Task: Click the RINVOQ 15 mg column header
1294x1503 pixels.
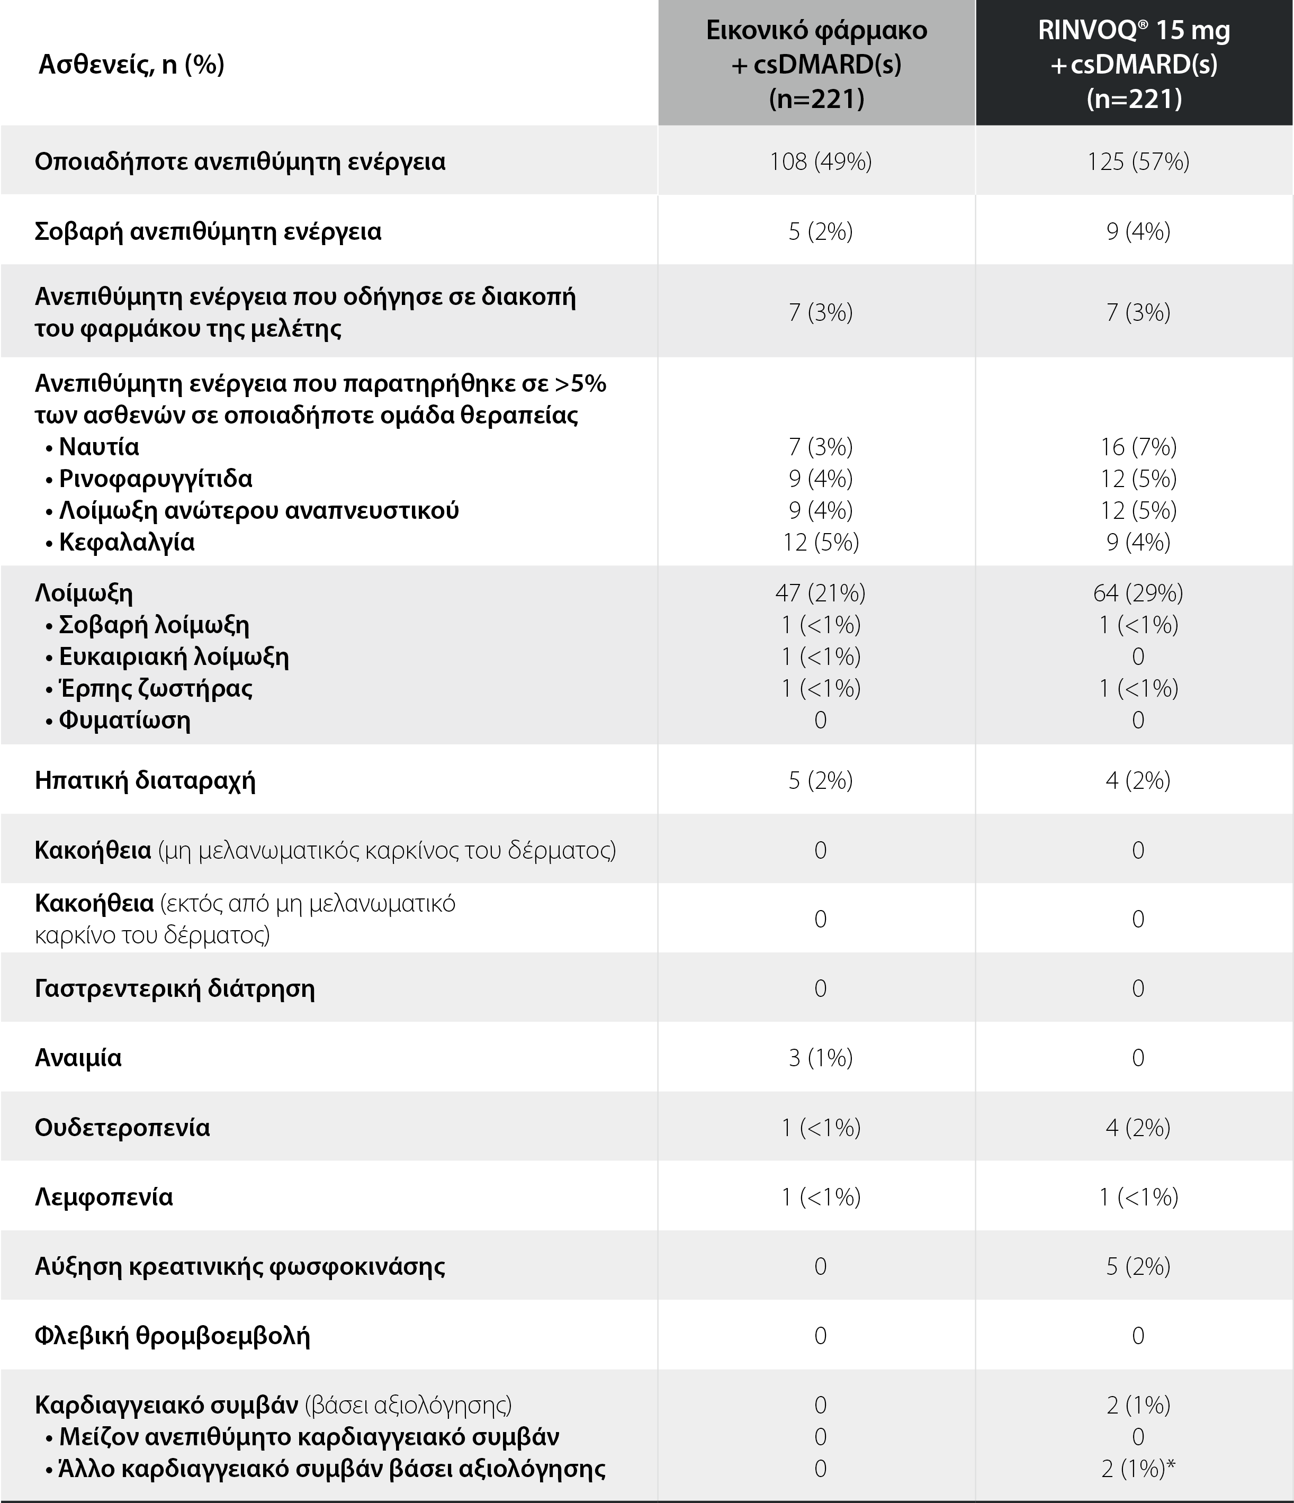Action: [x=1135, y=64]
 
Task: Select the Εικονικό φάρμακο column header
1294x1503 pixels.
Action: [x=817, y=64]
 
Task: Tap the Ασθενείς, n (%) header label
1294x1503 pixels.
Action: [x=131, y=65]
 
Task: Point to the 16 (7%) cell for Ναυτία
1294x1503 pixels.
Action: [x=1138, y=447]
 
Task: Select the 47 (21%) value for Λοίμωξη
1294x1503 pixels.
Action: [x=820, y=593]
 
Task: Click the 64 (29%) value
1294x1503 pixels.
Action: [x=1138, y=593]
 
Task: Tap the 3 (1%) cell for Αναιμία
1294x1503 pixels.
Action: [x=820, y=1058]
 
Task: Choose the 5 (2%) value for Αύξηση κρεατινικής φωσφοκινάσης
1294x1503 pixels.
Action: [x=1138, y=1266]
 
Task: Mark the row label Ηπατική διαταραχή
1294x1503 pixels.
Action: [x=145, y=780]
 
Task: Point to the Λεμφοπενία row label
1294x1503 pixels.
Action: [x=104, y=1197]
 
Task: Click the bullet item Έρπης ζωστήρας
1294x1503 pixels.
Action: [x=155, y=688]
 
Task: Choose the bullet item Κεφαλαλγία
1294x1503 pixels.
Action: [x=126, y=543]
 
